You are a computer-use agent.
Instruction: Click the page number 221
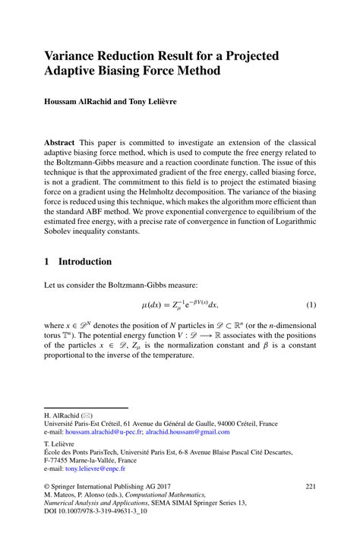click(310, 486)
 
